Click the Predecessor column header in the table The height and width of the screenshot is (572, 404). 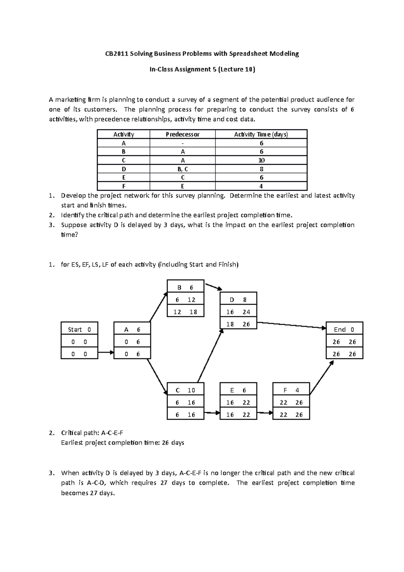pyautogui.click(x=182, y=134)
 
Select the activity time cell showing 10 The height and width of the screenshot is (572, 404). pyautogui.click(x=261, y=160)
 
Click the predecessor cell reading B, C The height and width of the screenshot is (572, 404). pyautogui.click(x=182, y=169)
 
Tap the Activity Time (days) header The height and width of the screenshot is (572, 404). pyautogui.click(x=261, y=134)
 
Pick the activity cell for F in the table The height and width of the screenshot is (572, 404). pyautogui.click(x=124, y=186)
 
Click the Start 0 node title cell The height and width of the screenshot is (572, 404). pyautogui.click(x=79, y=329)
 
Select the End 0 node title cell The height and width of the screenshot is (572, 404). pyautogui.click(x=344, y=329)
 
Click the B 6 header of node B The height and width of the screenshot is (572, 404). pyautogui.click(x=186, y=287)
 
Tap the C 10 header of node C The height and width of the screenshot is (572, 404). pyautogui.click(x=186, y=390)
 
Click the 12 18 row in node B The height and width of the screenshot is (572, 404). pyautogui.click(x=186, y=312)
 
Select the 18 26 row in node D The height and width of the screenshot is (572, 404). pyautogui.click(x=238, y=324)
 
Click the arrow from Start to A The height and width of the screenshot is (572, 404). pyautogui.click(x=106, y=353)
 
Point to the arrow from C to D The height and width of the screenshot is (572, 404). pyautogui.click(x=210, y=356)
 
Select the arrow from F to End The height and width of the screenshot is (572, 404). pyautogui.click(x=322, y=378)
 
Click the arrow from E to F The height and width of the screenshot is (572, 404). pyautogui.click(x=265, y=413)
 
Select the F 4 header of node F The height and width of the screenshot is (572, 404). pyautogui.click(x=291, y=390)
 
